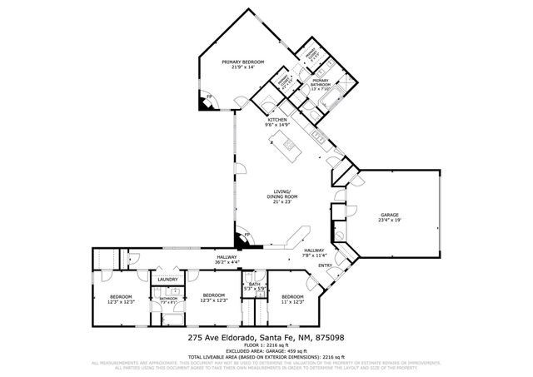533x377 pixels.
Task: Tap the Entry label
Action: pos(324,266)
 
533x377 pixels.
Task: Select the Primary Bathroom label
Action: pos(321,83)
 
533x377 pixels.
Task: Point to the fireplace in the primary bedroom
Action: pos(206,102)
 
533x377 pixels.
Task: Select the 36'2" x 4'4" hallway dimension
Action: pos(227,263)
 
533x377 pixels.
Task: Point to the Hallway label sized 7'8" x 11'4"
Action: pos(314,253)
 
